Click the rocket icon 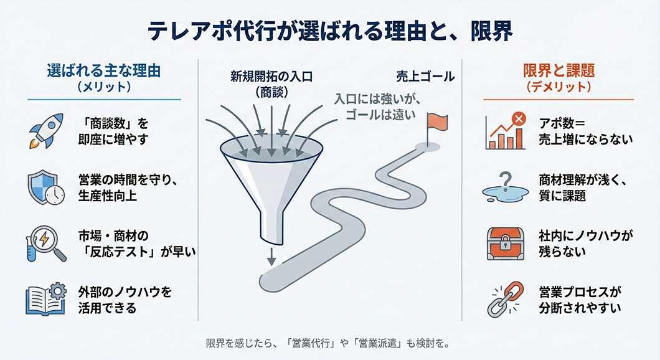47,131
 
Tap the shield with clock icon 47,187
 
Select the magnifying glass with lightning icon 47,244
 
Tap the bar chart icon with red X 505,131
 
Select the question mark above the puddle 506,181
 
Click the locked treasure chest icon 506,244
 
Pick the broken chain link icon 504,299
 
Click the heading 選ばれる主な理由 103,70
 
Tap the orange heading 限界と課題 558,70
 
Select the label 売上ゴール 425,77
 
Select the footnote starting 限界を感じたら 328,343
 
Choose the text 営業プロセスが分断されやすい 580,299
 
